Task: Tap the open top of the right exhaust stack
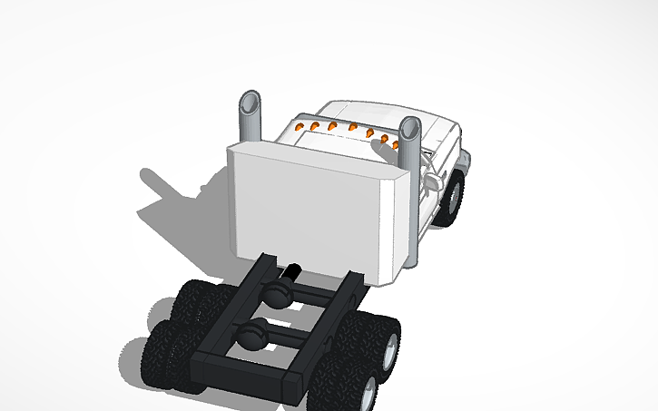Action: click(x=410, y=125)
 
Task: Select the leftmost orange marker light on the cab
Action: click(x=301, y=125)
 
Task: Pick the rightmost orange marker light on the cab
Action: click(x=397, y=143)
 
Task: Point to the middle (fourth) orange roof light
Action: click(x=351, y=131)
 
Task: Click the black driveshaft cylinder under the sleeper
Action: click(x=292, y=270)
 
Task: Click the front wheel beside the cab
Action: click(x=451, y=197)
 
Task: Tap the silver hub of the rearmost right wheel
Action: click(x=368, y=391)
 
